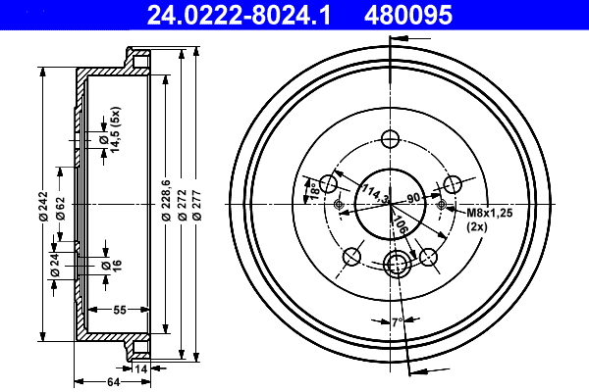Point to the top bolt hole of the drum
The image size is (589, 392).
(390, 139)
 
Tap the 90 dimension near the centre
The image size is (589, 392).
(413, 198)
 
